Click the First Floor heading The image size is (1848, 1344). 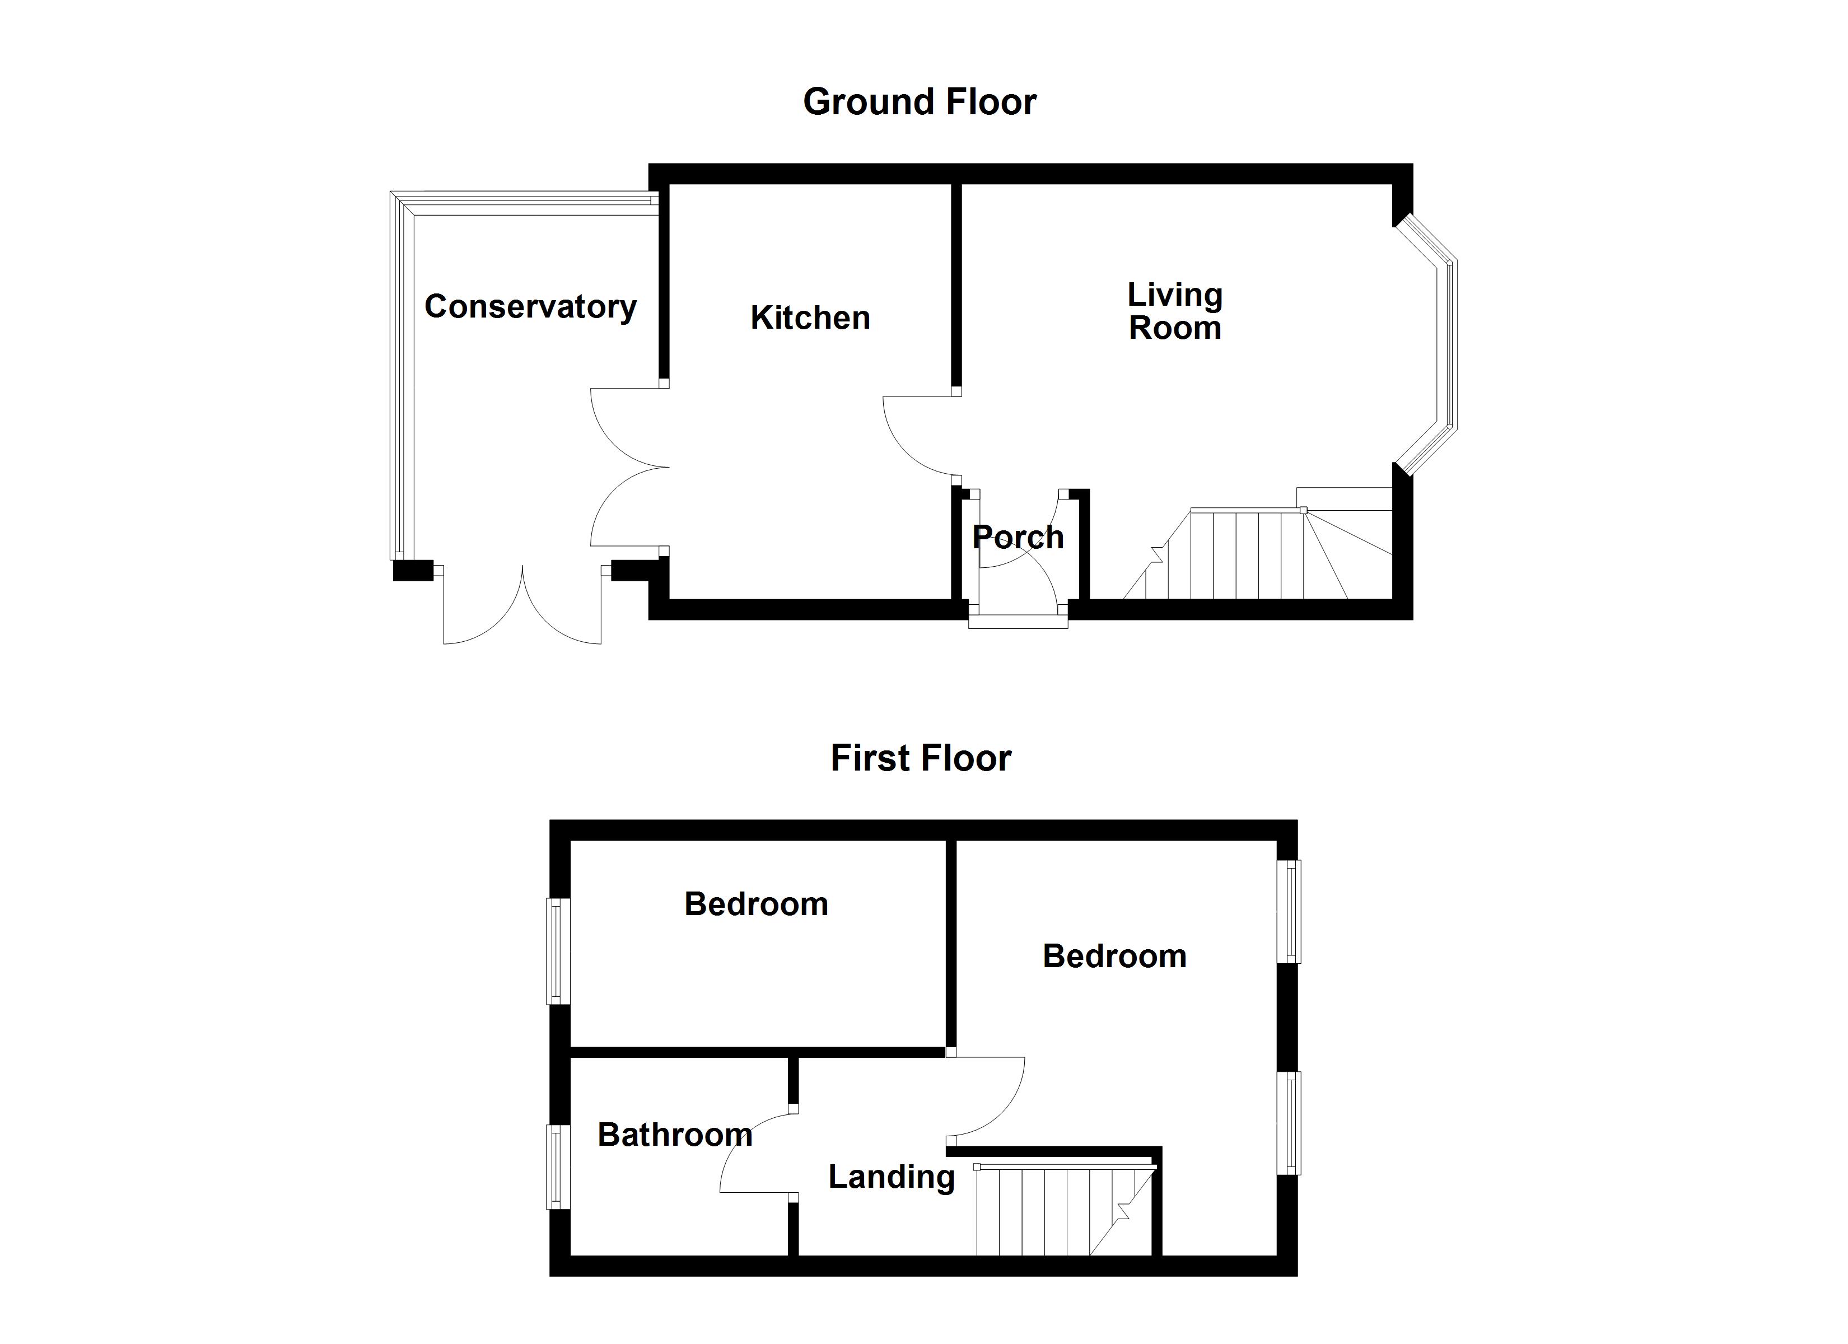(921, 759)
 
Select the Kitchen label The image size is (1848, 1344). (810, 318)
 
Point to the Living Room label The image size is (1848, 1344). (1174, 311)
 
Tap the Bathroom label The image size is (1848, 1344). (675, 1135)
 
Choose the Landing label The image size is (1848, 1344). (892, 1177)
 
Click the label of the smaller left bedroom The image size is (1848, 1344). (756, 904)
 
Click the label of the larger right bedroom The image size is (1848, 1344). (1114, 956)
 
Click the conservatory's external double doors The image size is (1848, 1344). (522, 607)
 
